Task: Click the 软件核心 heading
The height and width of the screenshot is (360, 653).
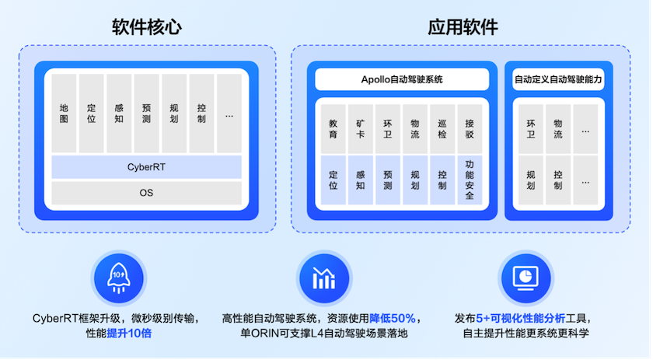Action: click(147, 27)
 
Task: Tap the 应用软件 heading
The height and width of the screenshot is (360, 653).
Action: click(463, 27)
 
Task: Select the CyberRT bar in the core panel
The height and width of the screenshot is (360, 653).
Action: click(146, 167)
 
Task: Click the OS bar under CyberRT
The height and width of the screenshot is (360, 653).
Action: click(146, 193)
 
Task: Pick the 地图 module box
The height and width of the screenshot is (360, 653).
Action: click(64, 114)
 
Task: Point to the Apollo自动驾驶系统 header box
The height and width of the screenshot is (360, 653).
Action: click(402, 79)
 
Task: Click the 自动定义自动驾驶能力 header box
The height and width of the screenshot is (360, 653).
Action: click(558, 79)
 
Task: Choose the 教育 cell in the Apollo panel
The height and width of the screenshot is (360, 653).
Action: click(333, 129)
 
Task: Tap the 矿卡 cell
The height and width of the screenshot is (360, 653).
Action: click(360, 129)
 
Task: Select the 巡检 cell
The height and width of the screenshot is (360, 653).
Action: click(442, 129)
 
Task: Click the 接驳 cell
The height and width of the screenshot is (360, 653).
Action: click(470, 129)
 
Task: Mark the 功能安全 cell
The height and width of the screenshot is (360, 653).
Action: click(470, 180)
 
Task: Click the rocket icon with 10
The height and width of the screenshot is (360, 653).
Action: click(119, 278)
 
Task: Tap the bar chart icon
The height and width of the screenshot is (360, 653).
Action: click(324, 278)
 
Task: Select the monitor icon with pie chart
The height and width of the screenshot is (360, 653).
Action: click(526, 278)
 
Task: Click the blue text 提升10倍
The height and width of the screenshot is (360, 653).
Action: click(129, 334)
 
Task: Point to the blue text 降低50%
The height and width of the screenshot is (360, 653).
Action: click(393, 319)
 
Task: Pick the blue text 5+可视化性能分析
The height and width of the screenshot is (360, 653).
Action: click(521, 319)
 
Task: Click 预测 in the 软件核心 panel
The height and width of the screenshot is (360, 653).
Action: click(146, 114)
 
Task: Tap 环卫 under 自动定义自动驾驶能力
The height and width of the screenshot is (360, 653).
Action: click(530, 129)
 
